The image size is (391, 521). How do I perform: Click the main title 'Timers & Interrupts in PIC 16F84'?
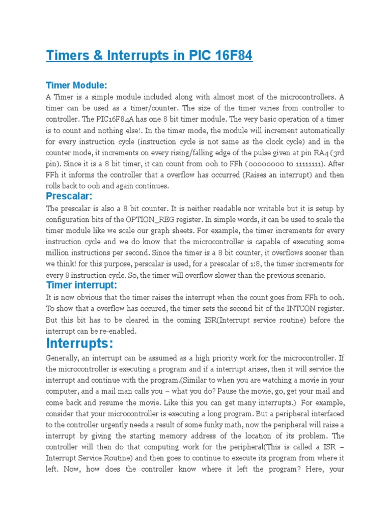(x=149, y=55)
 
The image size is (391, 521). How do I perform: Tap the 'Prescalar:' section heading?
(x=70, y=196)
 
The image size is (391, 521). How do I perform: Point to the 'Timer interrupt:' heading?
(x=81, y=285)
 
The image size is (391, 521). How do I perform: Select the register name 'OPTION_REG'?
(x=151, y=219)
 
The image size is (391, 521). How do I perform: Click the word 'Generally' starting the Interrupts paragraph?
(x=64, y=358)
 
